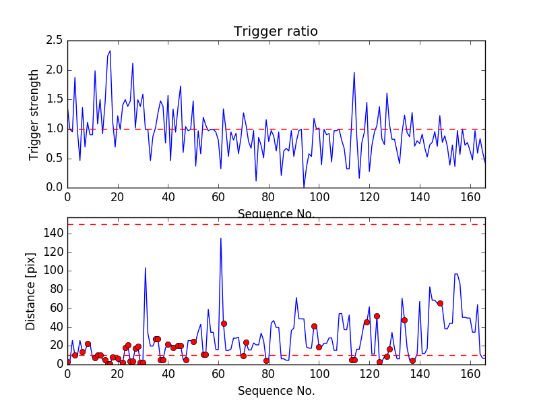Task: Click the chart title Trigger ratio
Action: [x=276, y=32]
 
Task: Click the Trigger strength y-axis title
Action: [x=34, y=114]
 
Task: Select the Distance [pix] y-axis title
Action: [x=31, y=294]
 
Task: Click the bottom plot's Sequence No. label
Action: [x=276, y=391]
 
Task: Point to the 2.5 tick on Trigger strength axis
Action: [x=55, y=41]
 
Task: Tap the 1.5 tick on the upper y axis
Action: [x=55, y=100]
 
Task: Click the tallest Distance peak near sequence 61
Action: [x=221, y=238]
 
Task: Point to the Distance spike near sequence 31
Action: [x=146, y=268]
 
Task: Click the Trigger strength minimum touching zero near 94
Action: [x=304, y=187]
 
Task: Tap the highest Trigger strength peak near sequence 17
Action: [x=110, y=51]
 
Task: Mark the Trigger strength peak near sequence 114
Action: [x=354, y=73]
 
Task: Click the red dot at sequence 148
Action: [x=440, y=303]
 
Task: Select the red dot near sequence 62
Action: [x=224, y=323]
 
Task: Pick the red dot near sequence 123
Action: [x=377, y=316]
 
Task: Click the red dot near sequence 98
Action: [x=314, y=326]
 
